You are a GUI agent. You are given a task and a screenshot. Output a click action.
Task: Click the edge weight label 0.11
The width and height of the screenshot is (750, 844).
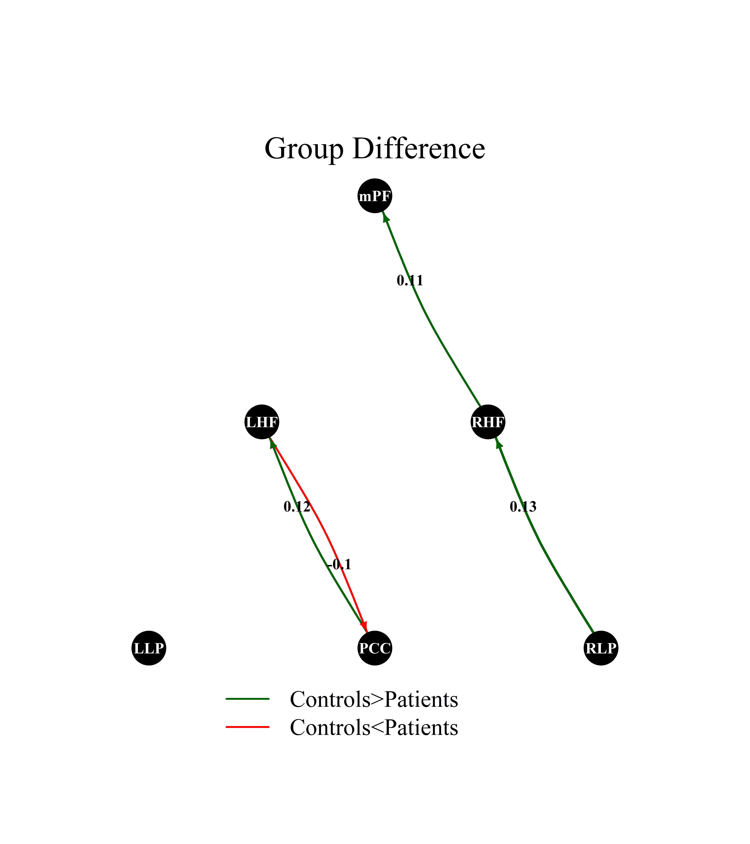coord(410,281)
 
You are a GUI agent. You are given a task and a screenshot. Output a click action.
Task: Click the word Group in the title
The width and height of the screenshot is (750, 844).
coord(303,149)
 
